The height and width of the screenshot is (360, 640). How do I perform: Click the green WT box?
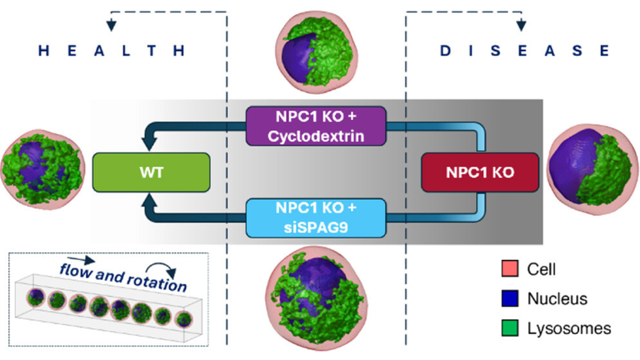point(152,172)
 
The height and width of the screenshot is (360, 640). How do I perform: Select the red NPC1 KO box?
point(480,172)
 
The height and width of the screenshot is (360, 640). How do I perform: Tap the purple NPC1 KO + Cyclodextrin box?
point(316,126)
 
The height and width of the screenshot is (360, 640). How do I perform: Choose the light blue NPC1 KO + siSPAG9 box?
point(316,217)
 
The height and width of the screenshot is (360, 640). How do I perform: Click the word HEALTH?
point(112,51)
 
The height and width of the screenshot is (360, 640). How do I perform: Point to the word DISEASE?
point(525,51)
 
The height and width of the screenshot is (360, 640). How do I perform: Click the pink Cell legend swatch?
point(510,268)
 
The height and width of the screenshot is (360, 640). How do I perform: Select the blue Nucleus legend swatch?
point(510,298)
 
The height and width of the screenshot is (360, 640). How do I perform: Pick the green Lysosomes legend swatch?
point(510,328)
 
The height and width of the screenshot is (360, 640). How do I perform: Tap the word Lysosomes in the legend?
point(569,328)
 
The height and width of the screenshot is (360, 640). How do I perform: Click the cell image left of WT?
point(42,169)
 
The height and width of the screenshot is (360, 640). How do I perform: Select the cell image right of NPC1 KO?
point(592,169)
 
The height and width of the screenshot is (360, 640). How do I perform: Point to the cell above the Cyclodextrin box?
point(317,52)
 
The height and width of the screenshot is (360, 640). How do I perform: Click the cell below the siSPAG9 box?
point(317,298)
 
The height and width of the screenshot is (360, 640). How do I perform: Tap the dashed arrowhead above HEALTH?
point(111,26)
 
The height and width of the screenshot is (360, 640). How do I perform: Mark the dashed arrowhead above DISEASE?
point(521,26)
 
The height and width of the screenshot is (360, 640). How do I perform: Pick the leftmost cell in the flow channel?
point(36,297)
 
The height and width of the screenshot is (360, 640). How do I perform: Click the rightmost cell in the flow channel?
point(184,319)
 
